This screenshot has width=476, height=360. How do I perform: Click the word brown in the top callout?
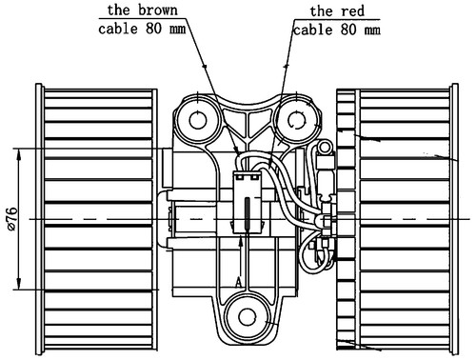(x=158, y=10)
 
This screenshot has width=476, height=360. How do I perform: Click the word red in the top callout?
(x=352, y=11)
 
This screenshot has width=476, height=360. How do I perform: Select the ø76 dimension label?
(x=12, y=219)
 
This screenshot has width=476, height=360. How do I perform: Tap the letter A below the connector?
(x=239, y=282)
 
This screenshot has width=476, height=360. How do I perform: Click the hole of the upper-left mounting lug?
(x=198, y=120)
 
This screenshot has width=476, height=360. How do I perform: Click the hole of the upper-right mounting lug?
(x=297, y=120)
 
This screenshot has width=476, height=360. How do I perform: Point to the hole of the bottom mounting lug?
(x=247, y=316)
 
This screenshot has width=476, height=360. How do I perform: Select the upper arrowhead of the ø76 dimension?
(x=19, y=155)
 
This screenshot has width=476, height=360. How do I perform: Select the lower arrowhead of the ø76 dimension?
(x=19, y=283)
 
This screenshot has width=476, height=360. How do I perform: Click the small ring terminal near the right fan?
(x=325, y=148)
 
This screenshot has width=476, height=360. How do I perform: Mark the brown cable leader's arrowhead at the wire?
(x=236, y=150)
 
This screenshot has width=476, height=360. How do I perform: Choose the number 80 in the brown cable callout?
(x=154, y=29)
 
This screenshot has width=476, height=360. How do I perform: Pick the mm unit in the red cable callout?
(x=372, y=30)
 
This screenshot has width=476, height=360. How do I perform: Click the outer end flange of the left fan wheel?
(x=39, y=219)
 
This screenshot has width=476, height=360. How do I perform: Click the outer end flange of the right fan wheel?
(x=455, y=219)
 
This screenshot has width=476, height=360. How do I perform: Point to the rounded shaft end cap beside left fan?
(x=163, y=219)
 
